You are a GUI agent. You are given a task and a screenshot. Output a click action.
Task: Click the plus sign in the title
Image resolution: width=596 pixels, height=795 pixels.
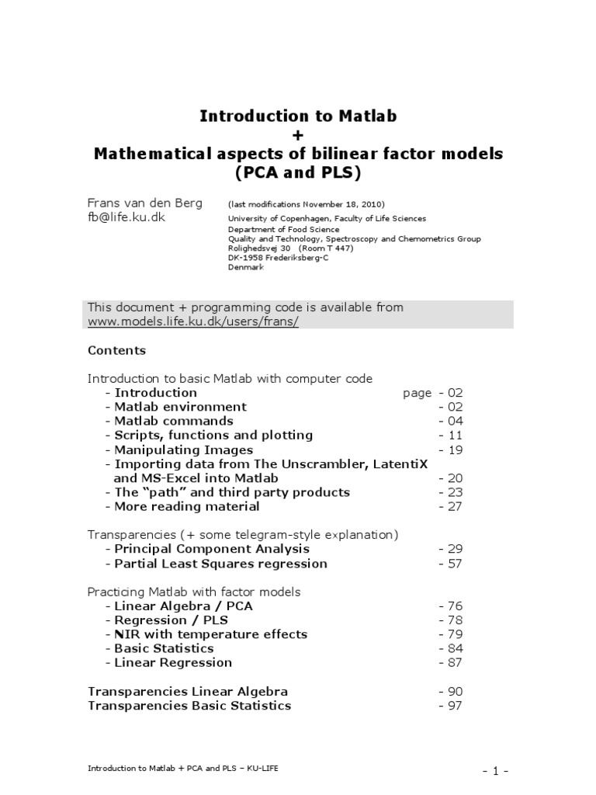(x=298, y=135)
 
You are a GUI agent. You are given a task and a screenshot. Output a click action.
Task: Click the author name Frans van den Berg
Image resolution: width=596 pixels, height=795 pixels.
(x=144, y=203)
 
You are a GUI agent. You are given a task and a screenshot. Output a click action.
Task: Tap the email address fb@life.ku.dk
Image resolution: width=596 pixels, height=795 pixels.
(x=126, y=218)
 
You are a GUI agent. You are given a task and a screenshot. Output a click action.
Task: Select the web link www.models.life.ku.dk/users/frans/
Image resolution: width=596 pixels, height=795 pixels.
(x=192, y=321)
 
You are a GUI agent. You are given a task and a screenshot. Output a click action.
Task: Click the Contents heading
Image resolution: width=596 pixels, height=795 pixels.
(x=116, y=350)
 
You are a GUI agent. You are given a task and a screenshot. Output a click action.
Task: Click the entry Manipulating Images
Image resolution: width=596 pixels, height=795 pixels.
(x=183, y=450)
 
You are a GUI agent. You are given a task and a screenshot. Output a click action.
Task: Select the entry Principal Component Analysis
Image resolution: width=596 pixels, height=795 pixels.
(x=201, y=549)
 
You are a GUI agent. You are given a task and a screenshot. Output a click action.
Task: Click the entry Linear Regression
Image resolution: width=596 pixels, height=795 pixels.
(x=172, y=662)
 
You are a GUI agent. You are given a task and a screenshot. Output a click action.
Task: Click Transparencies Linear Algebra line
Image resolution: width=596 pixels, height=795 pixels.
(x=188, y=691)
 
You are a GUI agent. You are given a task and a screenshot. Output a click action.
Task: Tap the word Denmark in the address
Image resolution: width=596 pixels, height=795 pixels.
(x=245, y=267)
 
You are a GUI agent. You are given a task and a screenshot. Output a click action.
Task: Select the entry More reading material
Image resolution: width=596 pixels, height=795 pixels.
(x=186, y=506)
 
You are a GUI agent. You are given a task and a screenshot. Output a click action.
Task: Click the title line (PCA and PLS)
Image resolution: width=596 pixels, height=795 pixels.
(x=298, y=173)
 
